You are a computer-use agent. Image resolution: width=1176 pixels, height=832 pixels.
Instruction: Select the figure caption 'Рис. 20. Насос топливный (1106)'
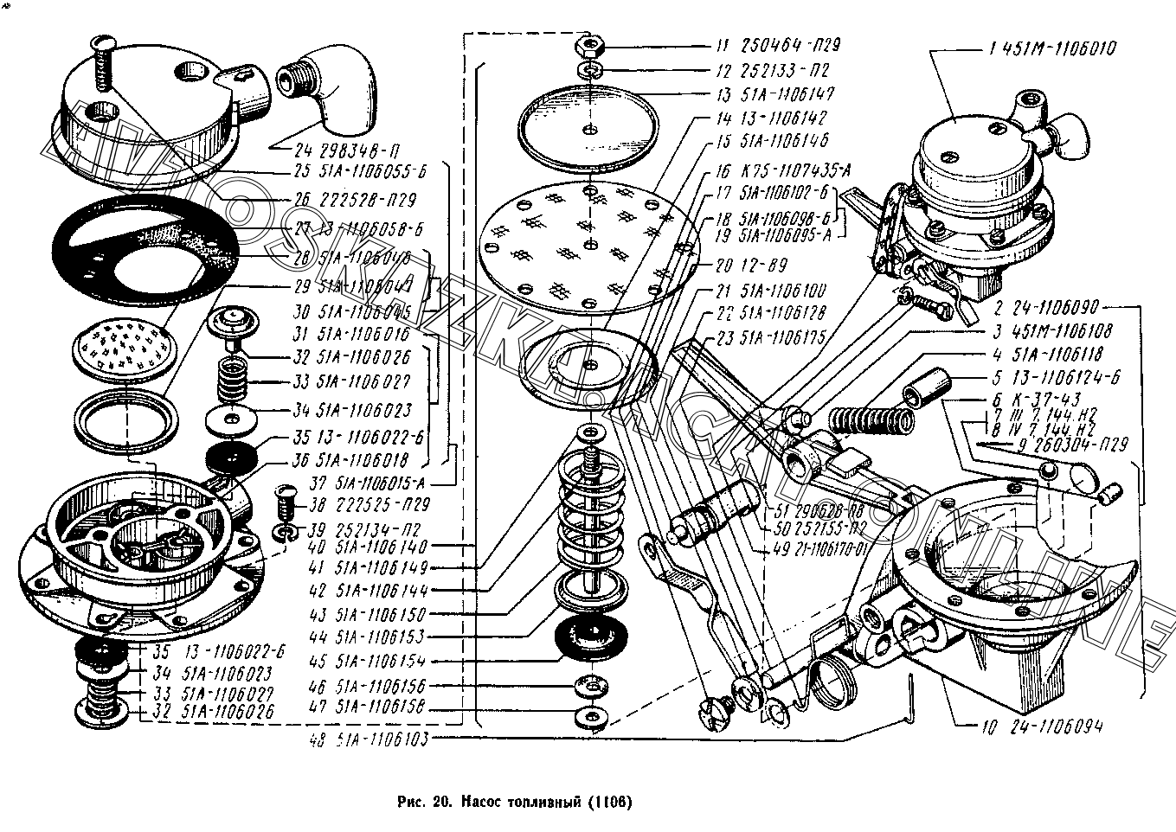pos(515,801)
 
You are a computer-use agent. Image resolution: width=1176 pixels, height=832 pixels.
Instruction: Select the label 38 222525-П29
pos(358,503)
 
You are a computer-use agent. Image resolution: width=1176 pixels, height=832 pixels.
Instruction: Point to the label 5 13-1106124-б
pos(1049,377)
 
